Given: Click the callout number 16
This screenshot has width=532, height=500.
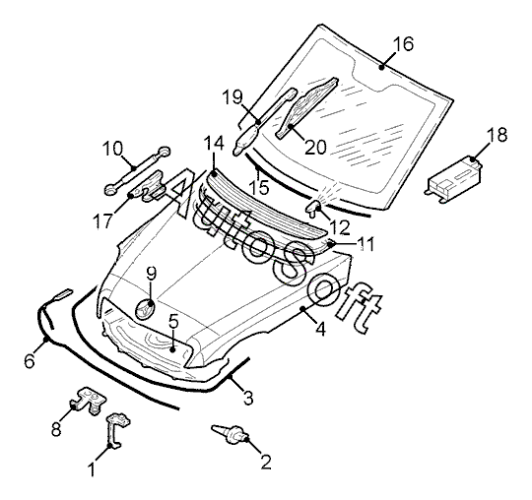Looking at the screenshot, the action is [x=403, y=44].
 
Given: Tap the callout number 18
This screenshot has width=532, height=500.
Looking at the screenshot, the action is [x=497, y=135].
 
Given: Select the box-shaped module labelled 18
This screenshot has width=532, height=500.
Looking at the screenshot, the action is [x=453, y=179].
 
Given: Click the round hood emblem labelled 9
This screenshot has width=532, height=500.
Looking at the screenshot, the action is [x=145, y=308].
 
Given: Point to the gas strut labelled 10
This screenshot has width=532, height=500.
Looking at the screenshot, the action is [x=137, y=171].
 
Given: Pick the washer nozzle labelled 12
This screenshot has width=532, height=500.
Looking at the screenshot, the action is [x=313, y=207].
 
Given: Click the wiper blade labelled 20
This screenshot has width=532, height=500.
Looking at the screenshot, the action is [x=306, y=108].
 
